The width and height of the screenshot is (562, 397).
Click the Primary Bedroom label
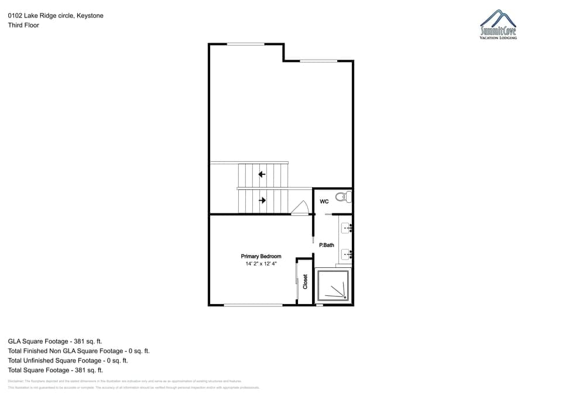[261, 256]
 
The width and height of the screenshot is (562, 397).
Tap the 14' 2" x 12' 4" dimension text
[261, 264]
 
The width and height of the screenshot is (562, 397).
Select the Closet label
[305, 281]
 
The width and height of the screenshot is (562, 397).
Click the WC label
[324, 202]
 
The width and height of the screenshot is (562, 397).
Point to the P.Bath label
[327, 245]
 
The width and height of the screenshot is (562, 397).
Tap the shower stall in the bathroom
[333, 285]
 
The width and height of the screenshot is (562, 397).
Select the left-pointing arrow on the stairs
[262, 174]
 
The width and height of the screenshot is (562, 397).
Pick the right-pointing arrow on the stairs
[262, 200]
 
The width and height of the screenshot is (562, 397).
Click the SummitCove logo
[498, 25]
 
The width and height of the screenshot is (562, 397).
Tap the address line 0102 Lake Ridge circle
[56, 16]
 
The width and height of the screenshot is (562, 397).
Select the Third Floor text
[23, 25]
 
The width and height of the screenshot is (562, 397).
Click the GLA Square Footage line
[56, 341]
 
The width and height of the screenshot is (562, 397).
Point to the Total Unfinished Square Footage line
[68, 360]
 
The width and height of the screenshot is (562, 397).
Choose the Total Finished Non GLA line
[78, 351]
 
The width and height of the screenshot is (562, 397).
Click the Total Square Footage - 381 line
[56, 370]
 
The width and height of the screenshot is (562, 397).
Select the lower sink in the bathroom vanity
[347, 254]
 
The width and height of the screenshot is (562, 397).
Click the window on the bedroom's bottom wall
[253, 305]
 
